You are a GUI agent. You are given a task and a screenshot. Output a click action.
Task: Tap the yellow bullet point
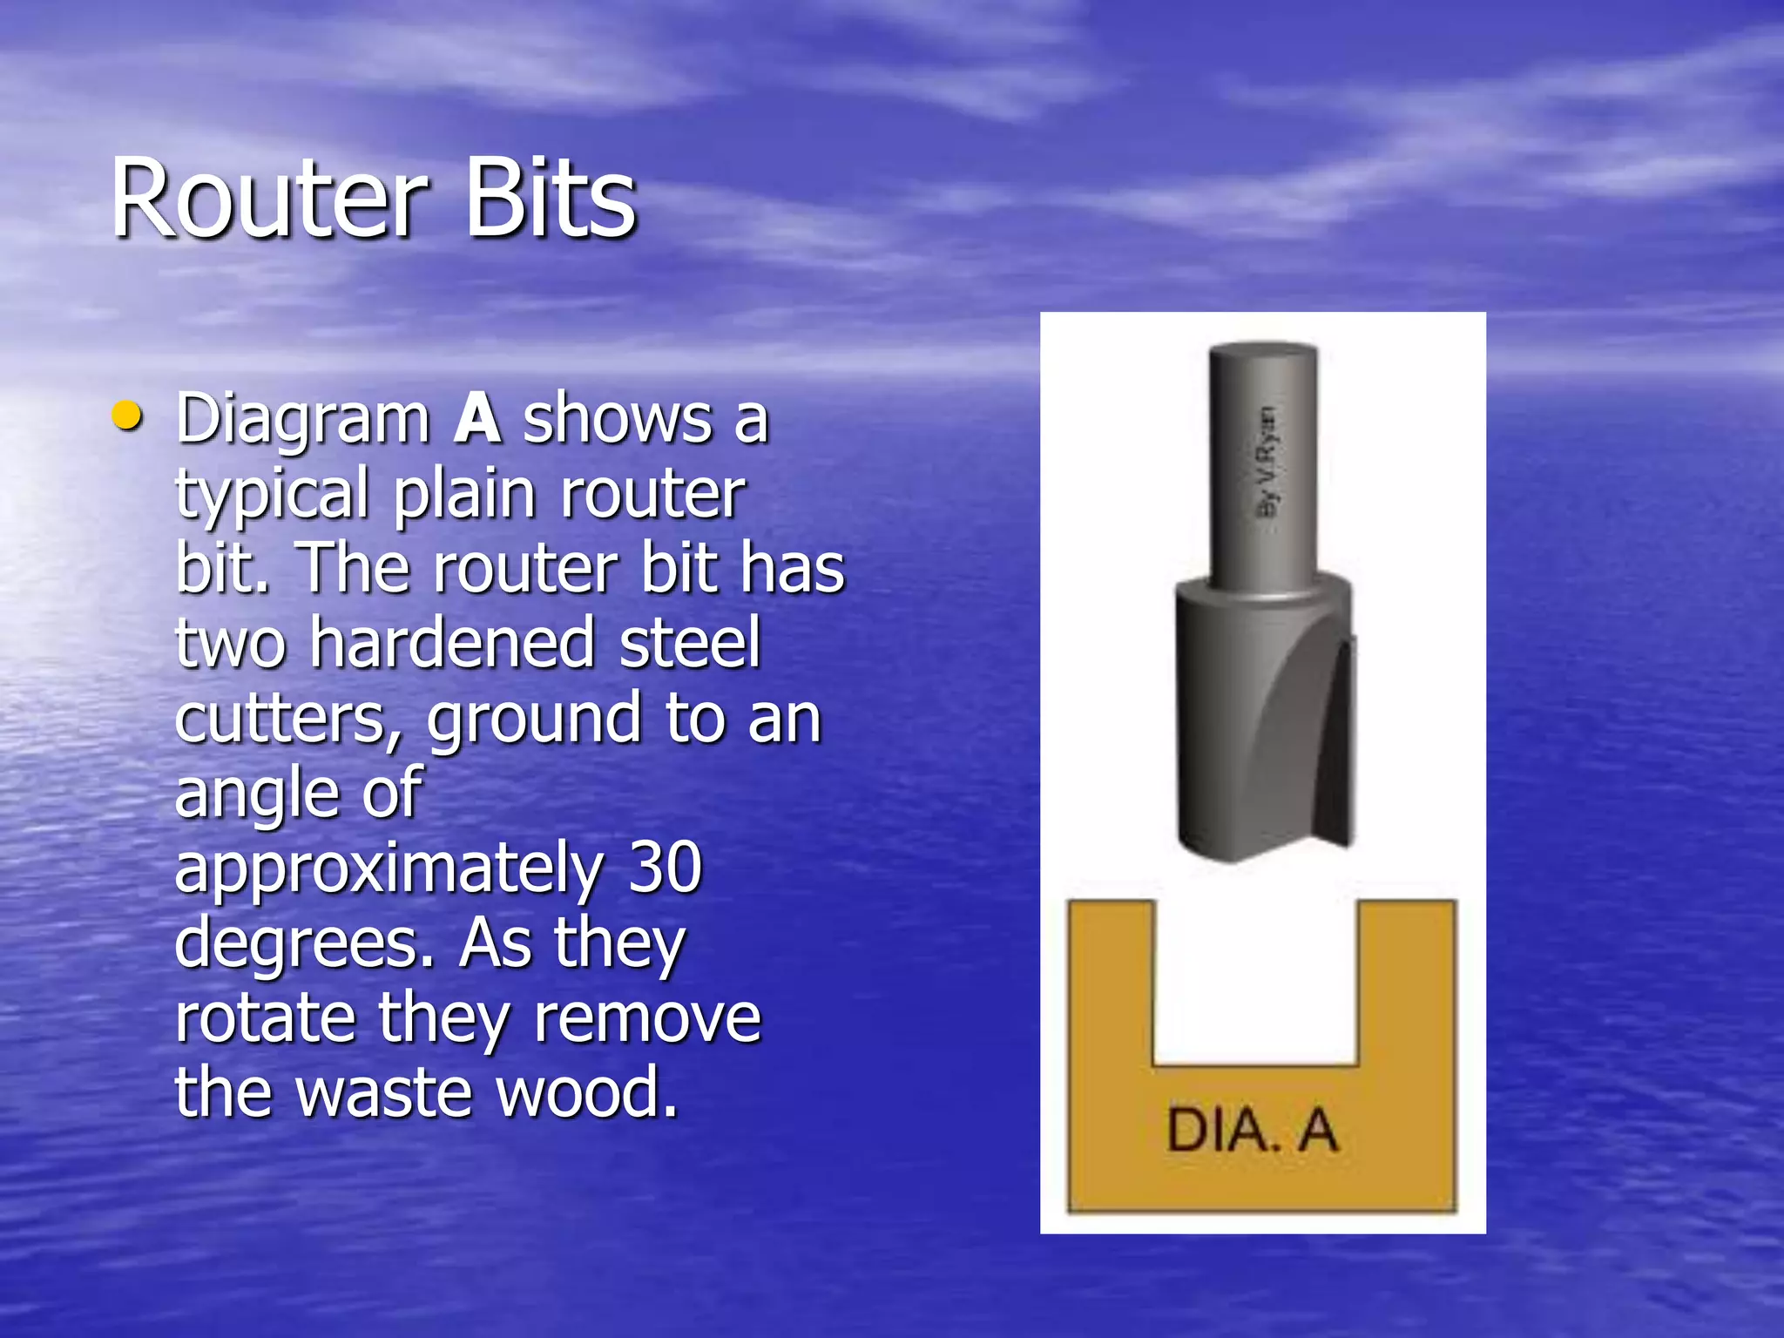coord(127,416)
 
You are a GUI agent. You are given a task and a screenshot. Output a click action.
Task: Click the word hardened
coord(452,643)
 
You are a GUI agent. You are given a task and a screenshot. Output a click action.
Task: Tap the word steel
coord(690,643)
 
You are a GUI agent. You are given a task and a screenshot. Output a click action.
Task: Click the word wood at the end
coord(586,1092)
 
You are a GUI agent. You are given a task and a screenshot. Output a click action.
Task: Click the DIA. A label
coord(1252,1131)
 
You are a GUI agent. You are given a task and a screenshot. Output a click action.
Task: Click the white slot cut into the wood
coord(1255,980)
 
